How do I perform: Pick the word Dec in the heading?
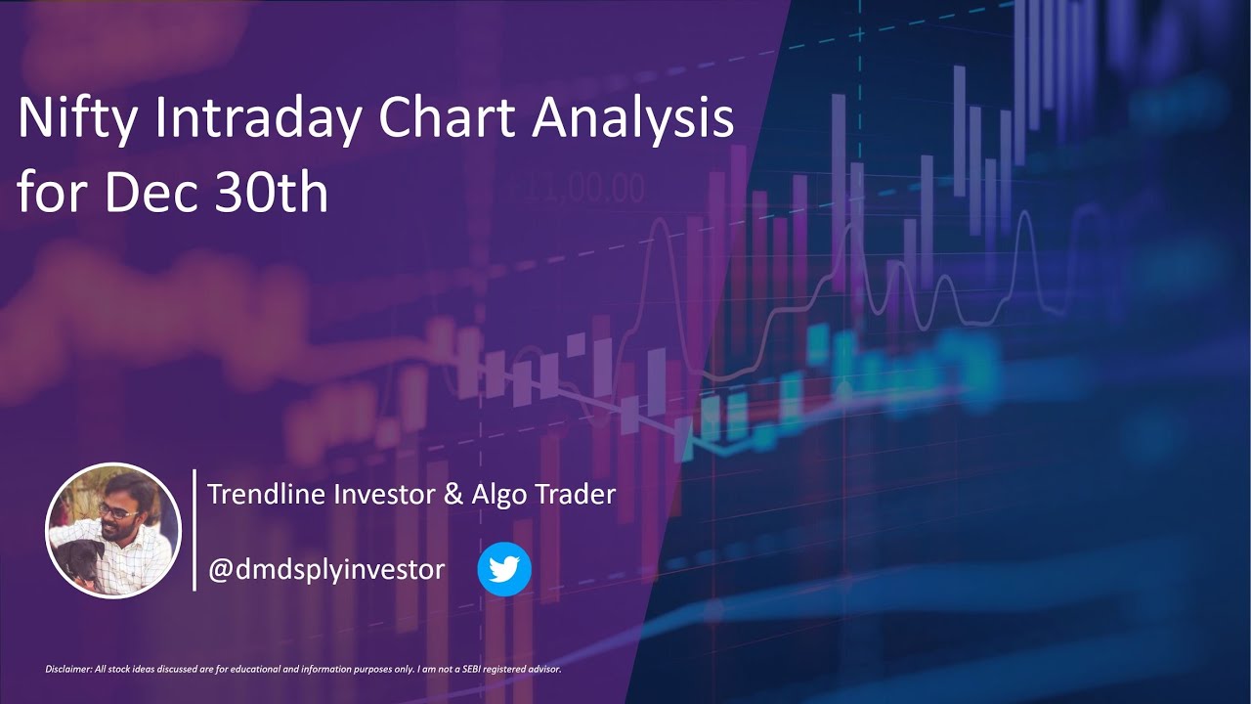(x=144, y=193)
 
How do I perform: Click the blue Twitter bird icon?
(x=504, y=569)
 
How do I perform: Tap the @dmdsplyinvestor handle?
(x=326, y=569)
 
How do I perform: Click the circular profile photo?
(x=113, y=530)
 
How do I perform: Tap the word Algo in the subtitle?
(x=501, y=494)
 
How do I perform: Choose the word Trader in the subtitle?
(x=576, y=494)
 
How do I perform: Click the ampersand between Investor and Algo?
(x=453, y=494)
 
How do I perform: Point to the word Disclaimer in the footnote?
(x=66, y=670)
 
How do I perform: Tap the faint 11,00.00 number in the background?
(x=576, y=187)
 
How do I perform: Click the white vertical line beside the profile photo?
(x=194, y=530)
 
